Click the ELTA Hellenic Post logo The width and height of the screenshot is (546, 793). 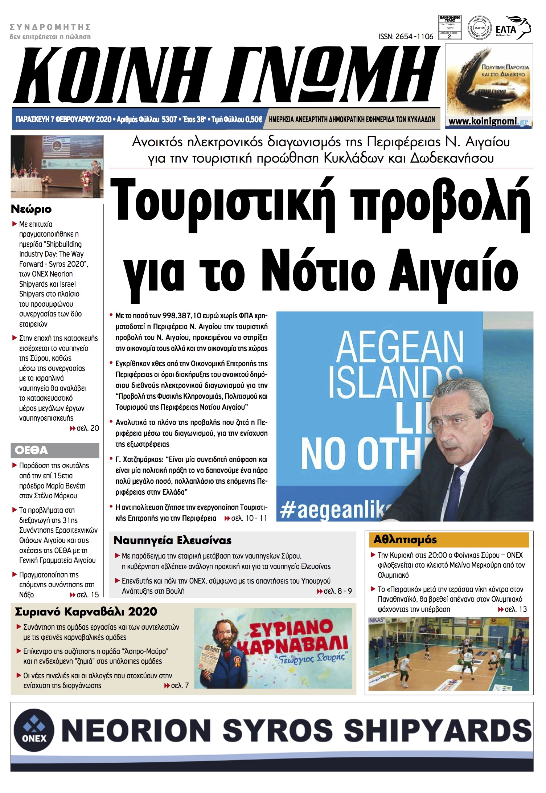[x=512, y=28]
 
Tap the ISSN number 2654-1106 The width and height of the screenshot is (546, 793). [x=406, y=36]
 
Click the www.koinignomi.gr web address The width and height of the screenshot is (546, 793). [x=488, y=122]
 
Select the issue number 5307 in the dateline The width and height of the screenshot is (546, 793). [x=169, y=119]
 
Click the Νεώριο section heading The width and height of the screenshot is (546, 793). [x=31, y=209]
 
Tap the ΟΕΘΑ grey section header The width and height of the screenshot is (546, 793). [x=54, y=450]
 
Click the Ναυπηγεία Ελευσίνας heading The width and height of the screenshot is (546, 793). [x=172, y=540]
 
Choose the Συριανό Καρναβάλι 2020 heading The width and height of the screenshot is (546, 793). [x=86, y=612]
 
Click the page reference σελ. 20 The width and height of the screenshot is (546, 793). [x=87, y=428]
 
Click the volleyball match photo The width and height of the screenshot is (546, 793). [x=448, y=654]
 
